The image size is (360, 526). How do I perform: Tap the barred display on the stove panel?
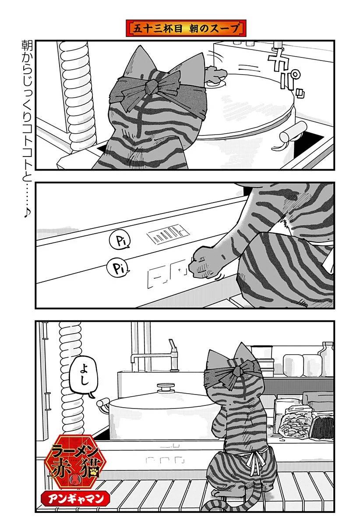[165, 237]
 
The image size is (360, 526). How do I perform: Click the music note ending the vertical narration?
[27, 212]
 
